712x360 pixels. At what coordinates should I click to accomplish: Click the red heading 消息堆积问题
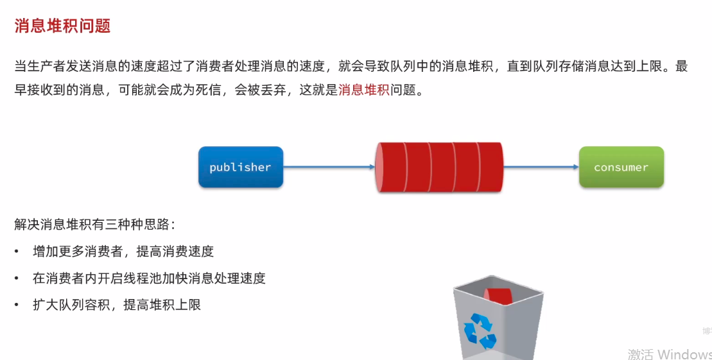[x=62, y=26]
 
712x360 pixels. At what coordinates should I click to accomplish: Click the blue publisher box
[x=240, y=167]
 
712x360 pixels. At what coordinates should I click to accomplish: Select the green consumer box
[x=621, y=167]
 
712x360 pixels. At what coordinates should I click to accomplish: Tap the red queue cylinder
[x=439, y=167]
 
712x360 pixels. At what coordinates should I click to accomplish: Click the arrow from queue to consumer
[x=541, y=167]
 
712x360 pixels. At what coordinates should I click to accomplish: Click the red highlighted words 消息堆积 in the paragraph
[x=363, y=90]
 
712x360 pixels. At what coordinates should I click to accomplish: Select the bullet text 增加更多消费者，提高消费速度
[x=123, y=252]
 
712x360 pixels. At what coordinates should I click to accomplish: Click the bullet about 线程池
[x=149, y=279]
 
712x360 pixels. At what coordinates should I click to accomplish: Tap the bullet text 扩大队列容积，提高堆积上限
[x=117, y=305]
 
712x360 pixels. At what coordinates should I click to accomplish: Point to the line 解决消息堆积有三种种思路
[x=95, y=225]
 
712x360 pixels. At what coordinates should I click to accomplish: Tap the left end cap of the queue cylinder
[x=380, y=167]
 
